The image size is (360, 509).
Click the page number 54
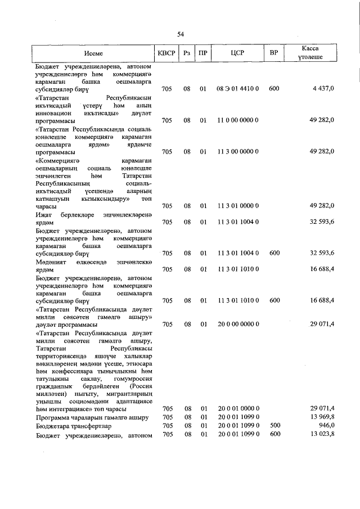(181, 34)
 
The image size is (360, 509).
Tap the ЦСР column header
(237, 53)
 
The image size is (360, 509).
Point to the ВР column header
(274, 53)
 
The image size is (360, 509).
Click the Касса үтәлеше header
(310, 53)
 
